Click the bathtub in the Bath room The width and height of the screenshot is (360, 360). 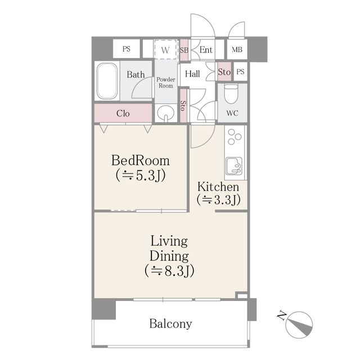[107, 81]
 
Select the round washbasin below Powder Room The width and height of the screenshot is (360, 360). [165, 113]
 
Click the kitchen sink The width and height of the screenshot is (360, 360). [234, 166]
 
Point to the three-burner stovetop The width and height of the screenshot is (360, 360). [235, 137]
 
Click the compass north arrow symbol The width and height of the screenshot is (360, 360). [299, 325]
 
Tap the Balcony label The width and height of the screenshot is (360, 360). [170, 324]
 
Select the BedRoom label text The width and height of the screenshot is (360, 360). [140, 161]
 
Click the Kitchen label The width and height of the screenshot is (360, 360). [218, 187]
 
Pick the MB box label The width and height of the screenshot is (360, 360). [237, 49]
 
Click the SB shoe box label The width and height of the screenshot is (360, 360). [184, 50]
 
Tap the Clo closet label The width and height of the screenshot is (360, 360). [123, 114]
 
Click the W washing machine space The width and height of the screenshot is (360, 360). [165, 50]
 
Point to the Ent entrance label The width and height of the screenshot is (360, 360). [206, 49]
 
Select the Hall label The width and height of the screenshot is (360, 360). [192, 74]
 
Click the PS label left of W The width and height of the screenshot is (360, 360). [126, 49]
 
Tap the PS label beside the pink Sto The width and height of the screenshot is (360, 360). [240, 72]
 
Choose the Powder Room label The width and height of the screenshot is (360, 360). [166, 83]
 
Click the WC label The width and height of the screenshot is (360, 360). [232, 113]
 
